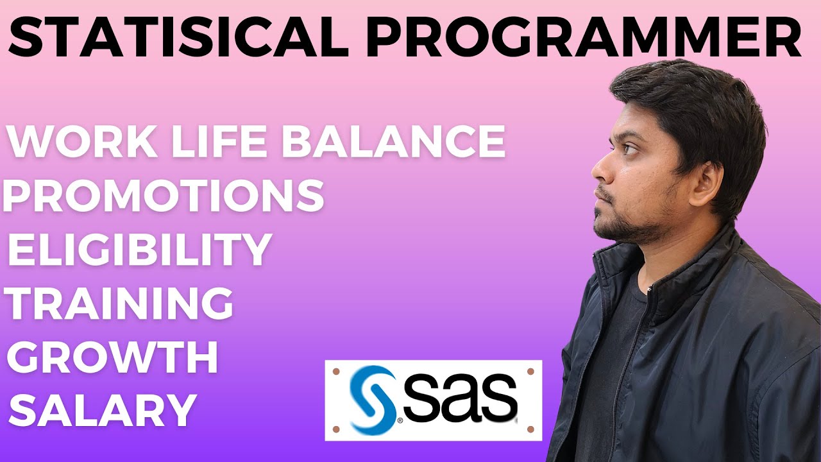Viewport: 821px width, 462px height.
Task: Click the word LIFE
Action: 205,143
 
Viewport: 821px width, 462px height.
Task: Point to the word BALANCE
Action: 393,143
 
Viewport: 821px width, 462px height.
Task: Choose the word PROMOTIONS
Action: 164,196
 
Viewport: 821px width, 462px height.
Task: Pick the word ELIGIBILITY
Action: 137,250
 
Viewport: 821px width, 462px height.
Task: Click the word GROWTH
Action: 113,358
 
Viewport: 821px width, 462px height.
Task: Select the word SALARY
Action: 103,411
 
